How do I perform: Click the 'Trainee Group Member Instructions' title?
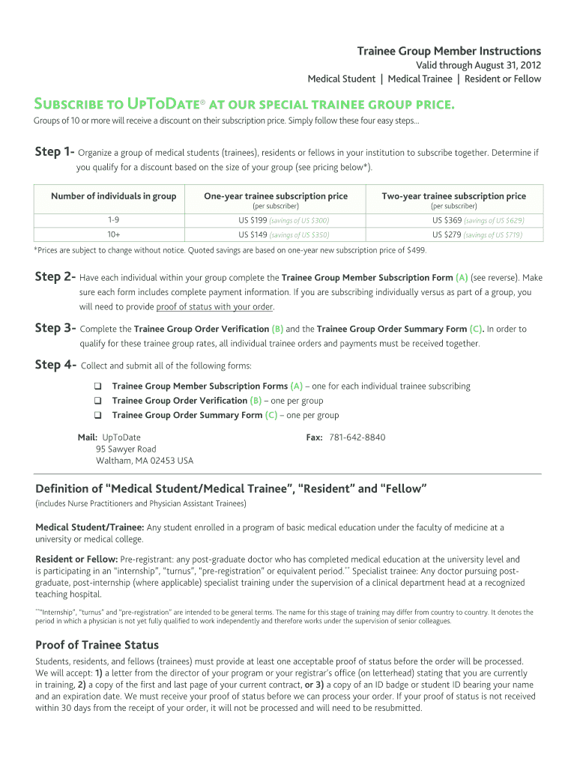[448, 51]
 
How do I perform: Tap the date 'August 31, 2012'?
[506, 65]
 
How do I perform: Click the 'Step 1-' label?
[54, 152]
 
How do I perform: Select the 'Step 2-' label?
[54, 276]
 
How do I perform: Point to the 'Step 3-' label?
[54, 328]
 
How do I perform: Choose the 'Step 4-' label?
[54, 365]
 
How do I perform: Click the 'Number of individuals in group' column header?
[113, 196]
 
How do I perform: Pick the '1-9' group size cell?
[113, 220]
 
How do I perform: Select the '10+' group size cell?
[113, 234]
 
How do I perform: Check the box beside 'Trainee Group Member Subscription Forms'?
[97, 386]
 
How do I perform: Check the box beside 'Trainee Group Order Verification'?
[97, 401]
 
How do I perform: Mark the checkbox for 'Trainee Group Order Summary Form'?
[97, 415]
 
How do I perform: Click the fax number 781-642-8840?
[357, 437]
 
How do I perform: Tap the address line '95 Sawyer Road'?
[126, 449]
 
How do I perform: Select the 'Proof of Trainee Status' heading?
[97, 645]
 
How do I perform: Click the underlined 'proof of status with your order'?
[214, 306]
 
